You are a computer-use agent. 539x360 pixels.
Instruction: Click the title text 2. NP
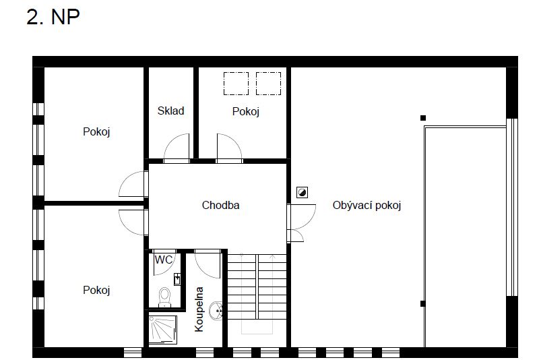coord(53,17)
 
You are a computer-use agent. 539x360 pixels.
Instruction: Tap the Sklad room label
coord(170,111)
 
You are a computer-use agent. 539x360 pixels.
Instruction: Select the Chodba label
coord(220,205)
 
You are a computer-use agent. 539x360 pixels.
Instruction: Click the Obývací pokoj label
coord(367,205)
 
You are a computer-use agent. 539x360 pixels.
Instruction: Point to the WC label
coord(163,259)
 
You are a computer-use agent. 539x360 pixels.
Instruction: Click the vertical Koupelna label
coord(199,309)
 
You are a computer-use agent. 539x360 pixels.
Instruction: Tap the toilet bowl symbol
coord(164,295)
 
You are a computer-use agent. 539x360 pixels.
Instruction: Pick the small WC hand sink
coord(177,278)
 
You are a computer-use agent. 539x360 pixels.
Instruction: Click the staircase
coord(256,297)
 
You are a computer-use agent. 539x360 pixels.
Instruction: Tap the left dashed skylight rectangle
coord(236,83)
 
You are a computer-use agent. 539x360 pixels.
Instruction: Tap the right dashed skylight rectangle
coord(268,83)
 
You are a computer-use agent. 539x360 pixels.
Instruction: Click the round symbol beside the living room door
coord(302,193)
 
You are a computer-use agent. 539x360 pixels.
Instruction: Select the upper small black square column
coord(423,118)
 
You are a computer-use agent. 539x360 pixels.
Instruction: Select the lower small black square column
coord(423,303)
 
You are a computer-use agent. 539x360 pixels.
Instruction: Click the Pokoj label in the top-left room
coord(96,131)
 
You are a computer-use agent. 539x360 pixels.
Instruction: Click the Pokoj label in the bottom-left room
coord(96,290)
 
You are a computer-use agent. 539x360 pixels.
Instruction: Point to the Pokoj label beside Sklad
coord(246,111)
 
